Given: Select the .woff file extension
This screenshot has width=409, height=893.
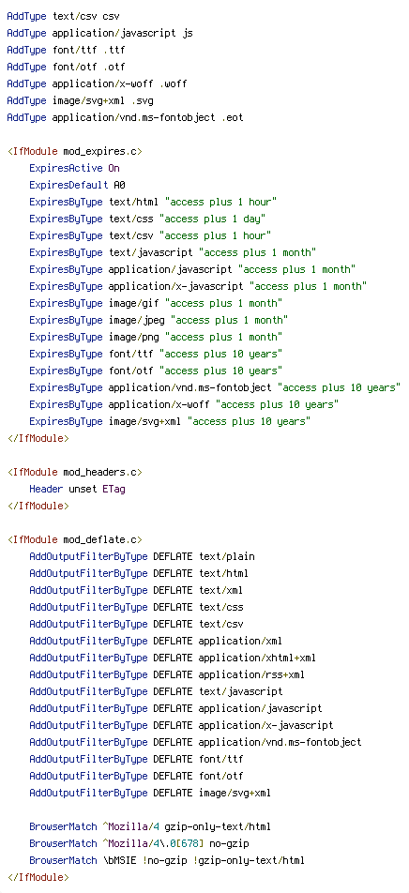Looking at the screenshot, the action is click(173, 84).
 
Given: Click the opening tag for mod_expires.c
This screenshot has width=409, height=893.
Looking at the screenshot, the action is click(75, 152).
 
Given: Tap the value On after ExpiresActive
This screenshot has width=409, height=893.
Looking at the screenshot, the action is click(114, 169).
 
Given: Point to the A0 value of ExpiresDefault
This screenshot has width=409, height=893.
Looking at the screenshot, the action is click(120, 185).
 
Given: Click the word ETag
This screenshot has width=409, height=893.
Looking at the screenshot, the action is click(114, 490).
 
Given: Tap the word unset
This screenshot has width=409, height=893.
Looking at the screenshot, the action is click(83, 490).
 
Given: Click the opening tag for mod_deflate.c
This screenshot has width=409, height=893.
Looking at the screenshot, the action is click(75, 539).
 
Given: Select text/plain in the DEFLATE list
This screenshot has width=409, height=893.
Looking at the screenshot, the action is click(227, 556).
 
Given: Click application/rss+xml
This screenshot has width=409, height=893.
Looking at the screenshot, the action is click(251, 674).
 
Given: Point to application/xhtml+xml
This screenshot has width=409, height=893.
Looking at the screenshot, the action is click(257, 658).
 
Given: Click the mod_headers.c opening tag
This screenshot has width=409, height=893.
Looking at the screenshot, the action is click(75, 472).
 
